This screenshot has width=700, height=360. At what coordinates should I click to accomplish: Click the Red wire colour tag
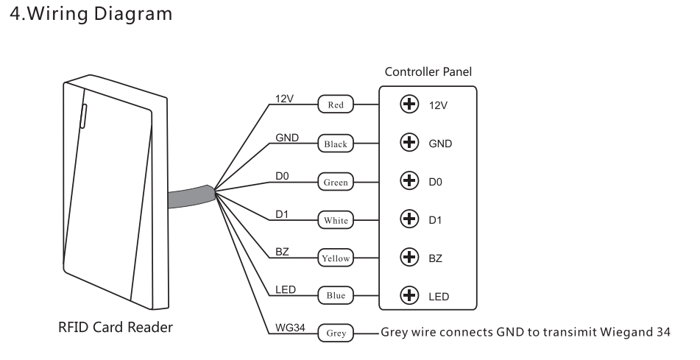coord(336,105)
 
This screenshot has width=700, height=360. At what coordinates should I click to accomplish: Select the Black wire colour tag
coord(336,144)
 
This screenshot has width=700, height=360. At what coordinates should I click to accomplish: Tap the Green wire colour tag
coord(336,182)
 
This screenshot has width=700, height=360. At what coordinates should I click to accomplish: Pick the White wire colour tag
coord(336,219)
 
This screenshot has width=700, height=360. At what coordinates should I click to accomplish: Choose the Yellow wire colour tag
coord(336,258)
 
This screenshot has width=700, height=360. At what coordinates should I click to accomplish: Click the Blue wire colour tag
coord(336,296)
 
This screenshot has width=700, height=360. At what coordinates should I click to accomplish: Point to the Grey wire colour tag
coord(336,333)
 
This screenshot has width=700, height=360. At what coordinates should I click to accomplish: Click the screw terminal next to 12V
coord(407,105)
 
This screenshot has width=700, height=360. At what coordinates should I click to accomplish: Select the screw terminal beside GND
coord(407,143)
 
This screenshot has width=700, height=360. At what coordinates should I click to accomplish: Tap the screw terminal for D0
coord(407,181)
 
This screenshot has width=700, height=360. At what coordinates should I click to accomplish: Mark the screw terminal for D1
coord(407,219)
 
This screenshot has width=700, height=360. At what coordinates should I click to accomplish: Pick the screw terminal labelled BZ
coord(407,258)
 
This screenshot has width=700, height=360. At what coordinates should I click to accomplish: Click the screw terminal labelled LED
coord(407,296)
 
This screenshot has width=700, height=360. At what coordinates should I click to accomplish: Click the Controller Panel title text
coord(428,72)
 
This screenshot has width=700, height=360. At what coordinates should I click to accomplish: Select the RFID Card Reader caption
coord(116,327)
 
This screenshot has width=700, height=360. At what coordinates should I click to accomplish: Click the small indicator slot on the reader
coord(83,114)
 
